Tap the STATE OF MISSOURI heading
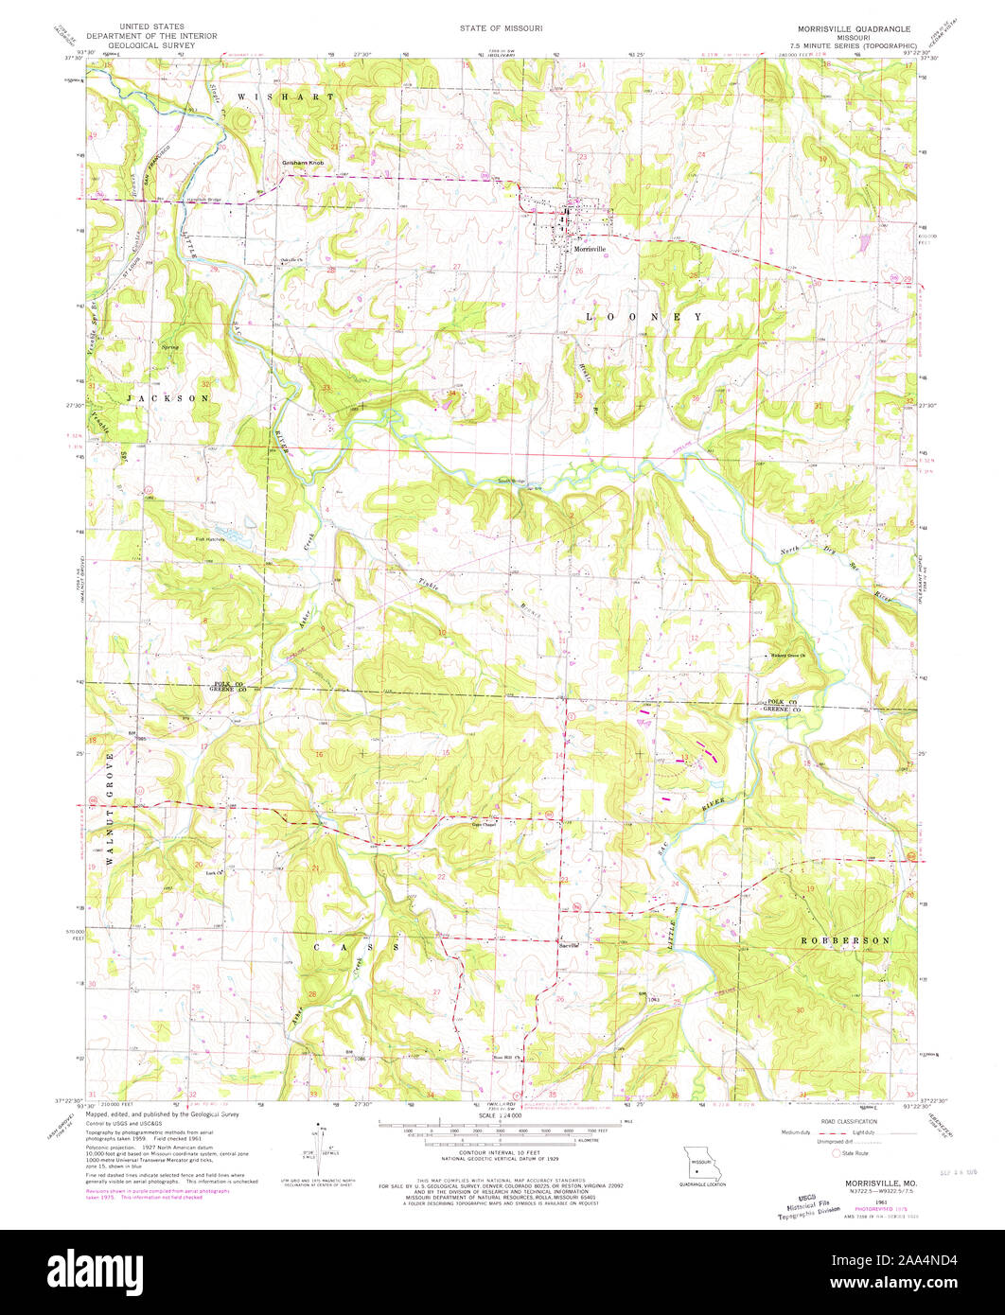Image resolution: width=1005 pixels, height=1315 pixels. (502, 29)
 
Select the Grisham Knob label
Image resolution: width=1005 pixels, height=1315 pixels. (302, 163)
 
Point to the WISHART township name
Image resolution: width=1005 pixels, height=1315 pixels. (285, 97)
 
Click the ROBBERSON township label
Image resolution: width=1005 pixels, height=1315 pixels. (845, 941)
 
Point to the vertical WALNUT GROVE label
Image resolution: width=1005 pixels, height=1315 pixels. (110, 809)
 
